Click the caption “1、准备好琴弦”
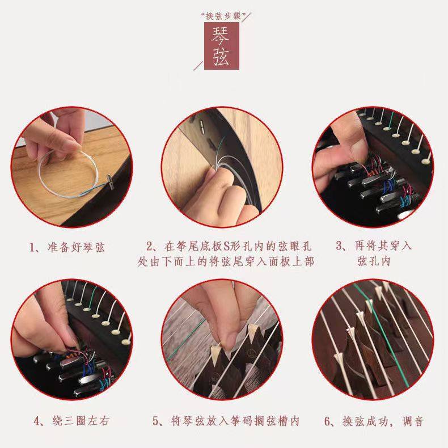pyautogui.click(x=67, y=247)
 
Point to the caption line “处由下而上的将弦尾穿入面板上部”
pyautogui.click(x=226, y=261)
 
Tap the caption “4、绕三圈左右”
pyautogui.click(x=71, y=421)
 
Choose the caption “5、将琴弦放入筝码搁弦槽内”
pyautogui.click(x=226, y=421)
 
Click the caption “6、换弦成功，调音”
pyautogui.click(x=374, y=421)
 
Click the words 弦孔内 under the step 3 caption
pyautogui.click(x=374, y=261)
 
